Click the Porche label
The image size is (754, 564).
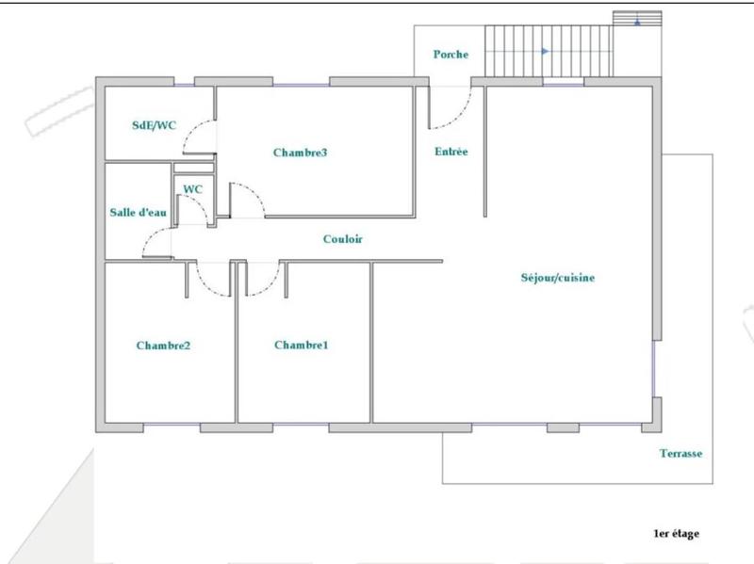pos(451,55)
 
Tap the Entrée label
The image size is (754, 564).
pos(451,152)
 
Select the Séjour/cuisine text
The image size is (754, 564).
pos(557,278)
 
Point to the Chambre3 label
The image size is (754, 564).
pos(300,152)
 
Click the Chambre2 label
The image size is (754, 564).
pos(163,346)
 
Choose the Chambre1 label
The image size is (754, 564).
pos(301,346)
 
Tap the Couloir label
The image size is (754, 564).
pos(342,239)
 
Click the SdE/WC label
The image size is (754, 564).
pos(153,126)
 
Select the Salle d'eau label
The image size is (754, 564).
pos(138,212)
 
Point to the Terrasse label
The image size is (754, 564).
pos(680,454)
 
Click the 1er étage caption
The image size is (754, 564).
pos(676,534)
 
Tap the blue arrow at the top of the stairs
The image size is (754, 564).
pos(638,21)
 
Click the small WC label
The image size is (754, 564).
pos(192,189)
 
